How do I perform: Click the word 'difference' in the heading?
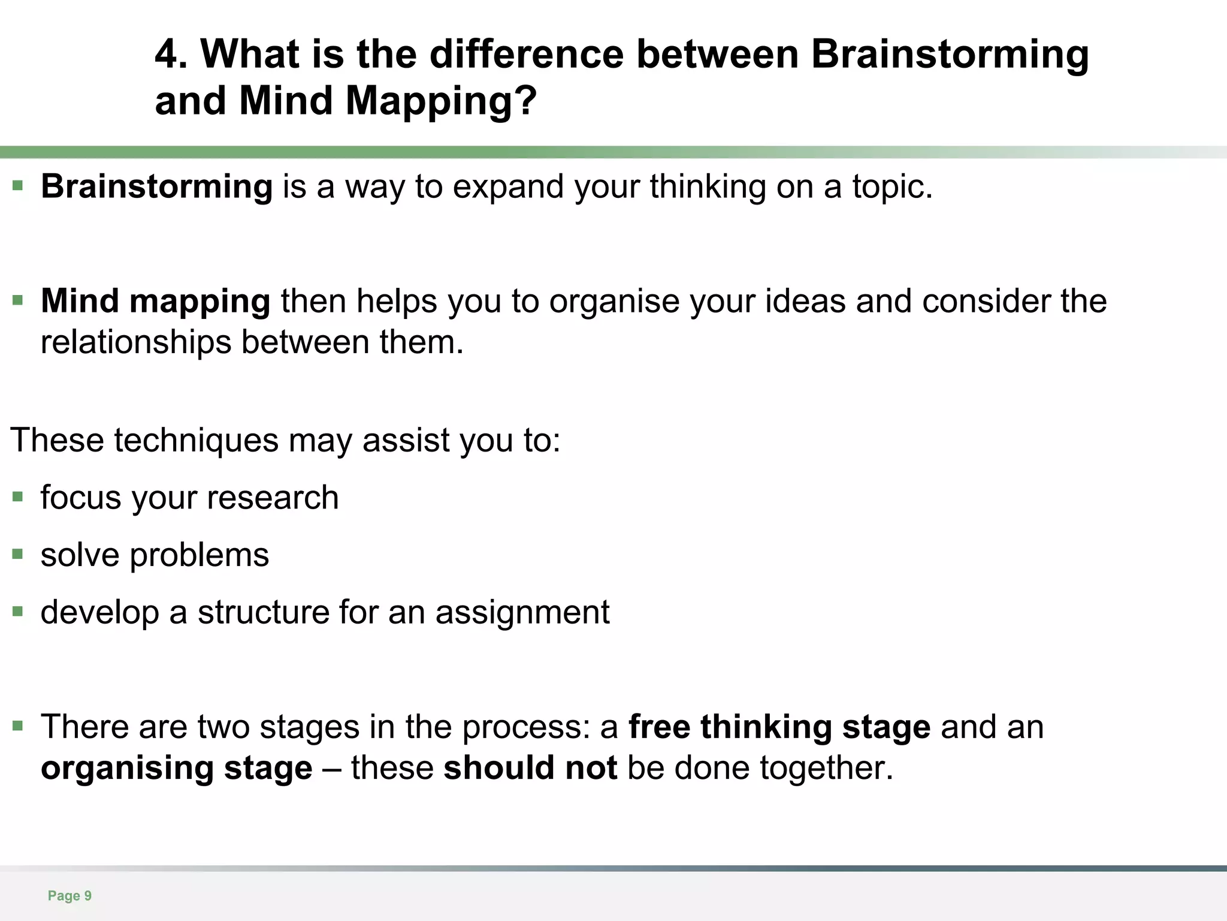[527, 55]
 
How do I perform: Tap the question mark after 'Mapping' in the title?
[525, 101]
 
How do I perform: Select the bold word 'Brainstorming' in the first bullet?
[157, 186]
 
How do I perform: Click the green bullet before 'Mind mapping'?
[18, 299]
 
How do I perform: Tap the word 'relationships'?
[135, 342]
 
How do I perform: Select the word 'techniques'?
[196, 440]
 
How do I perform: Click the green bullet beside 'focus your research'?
[18, 496]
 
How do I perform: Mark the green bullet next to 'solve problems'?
[18, 554]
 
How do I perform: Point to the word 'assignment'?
[522, 613]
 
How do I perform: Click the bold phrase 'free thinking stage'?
[779, 727]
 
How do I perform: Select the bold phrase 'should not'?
[530, 768]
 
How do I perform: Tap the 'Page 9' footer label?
[69, 896]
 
